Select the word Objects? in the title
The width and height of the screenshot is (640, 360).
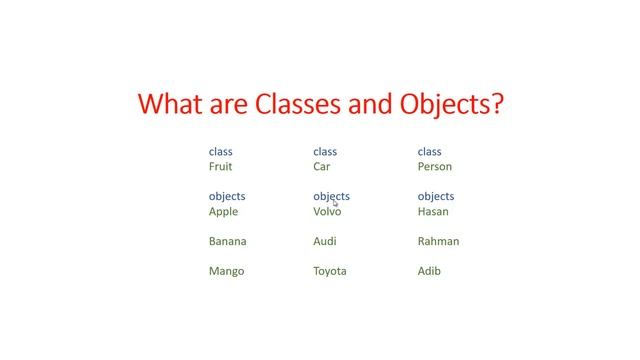point(446,104)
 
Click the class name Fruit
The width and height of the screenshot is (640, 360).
point(220,167)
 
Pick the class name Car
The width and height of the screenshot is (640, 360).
point(321,167)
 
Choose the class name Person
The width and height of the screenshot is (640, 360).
point(434,167)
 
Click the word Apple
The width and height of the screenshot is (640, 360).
point(223,212)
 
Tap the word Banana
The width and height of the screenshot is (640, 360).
point(227,241)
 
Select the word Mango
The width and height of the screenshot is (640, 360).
point(226,271)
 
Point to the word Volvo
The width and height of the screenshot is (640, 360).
point(327,212)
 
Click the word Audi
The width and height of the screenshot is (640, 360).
point(324,241)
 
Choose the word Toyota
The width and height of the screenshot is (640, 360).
point(329,271)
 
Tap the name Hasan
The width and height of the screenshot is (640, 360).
point(433,212)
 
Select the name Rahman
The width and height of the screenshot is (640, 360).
point(438,241)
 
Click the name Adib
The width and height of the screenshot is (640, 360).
point(429,271)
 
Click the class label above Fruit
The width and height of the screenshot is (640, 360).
point(220,152)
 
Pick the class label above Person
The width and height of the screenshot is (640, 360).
point(429,152)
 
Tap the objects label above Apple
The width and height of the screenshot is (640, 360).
point(227,197)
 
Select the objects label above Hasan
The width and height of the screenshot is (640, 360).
point(435,197)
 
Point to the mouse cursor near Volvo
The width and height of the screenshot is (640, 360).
point(336,204)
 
